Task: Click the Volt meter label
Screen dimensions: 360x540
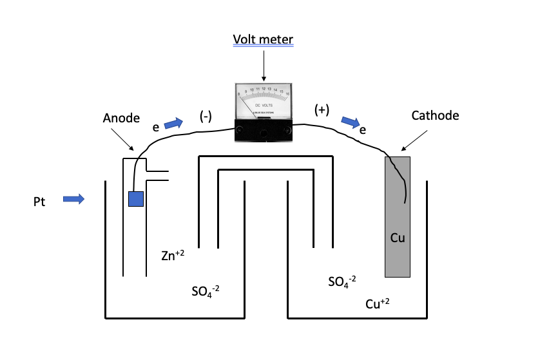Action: tap(263, 40)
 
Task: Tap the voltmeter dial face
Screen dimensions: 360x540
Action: tap(263, 100)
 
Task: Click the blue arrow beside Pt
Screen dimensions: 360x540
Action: tap(73, 200)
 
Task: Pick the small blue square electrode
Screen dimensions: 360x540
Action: tap(135, 199)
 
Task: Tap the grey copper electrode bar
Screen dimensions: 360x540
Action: tap(398, 216)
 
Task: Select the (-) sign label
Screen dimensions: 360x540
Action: tap(206, 117)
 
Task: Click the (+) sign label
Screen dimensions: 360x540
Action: tap(322, 110)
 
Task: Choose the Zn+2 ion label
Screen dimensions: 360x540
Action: tap(173, 255)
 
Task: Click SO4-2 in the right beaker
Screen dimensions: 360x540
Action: tap(342, 281)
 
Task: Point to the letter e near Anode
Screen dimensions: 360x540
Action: tap(155, 127)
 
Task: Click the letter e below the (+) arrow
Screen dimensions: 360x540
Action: tap(363, 131)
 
